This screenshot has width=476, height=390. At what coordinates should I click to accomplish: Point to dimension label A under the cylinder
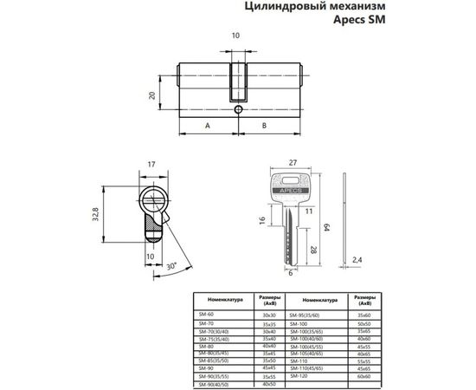(x=208, y=126)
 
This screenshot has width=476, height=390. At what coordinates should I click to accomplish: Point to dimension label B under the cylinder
(x=265, y=126)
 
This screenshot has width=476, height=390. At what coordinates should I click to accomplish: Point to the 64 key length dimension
(x=327, y=226)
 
